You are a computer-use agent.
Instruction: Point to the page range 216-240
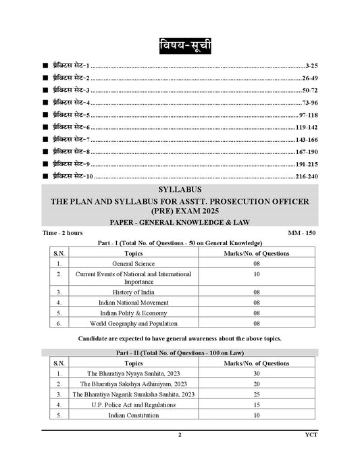pyautogui.click(x=305, y=176)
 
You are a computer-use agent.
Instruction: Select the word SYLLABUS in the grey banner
pyautogui.click(x=180, y=190)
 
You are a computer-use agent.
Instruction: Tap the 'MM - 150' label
pyautogui.click(x=302, y=233)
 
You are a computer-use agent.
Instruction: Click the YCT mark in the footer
pyautogui.click(x=309, y=436)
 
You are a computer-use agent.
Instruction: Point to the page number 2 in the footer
pyautogui.click(x=180, y=436)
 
